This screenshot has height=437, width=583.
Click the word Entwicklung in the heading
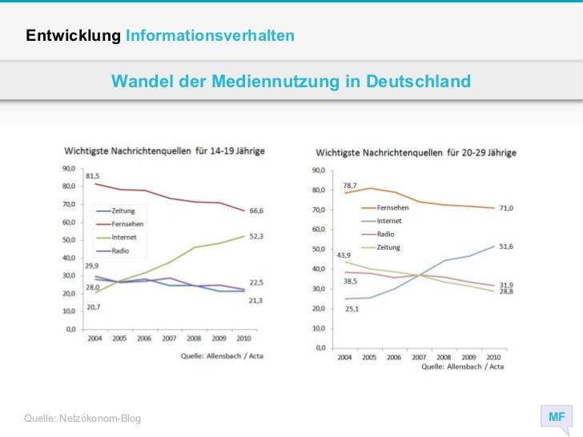tap(73, 36)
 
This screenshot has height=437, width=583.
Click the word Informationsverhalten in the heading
tap(210, 36)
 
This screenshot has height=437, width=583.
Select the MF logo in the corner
tap(556, 417)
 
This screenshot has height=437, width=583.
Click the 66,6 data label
tap(255, 210)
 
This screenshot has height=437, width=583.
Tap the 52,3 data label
tap(255, 236)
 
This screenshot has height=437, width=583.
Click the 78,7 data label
tap(351, 186)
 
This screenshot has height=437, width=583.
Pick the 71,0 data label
tap(506, 208)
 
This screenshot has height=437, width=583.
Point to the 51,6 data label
tap(506, 246)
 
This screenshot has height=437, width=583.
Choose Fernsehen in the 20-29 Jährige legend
tap(393, 208)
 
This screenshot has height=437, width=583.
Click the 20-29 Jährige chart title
tap(416, 152)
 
